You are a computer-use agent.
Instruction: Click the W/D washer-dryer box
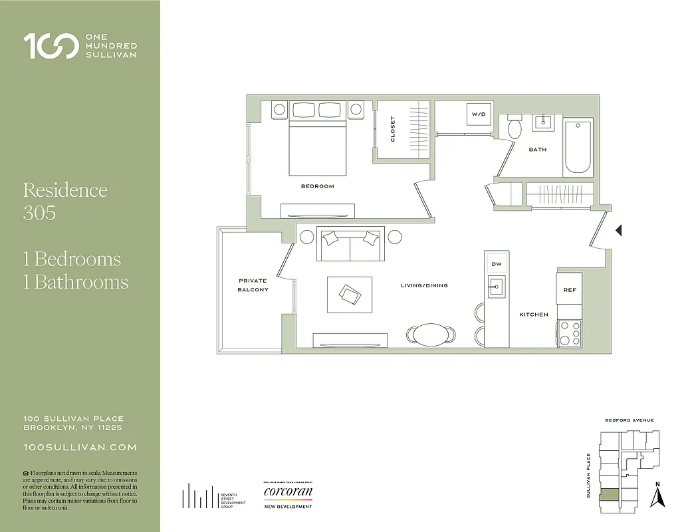tap(479, 114)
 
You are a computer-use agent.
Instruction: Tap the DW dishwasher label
tap(496, 264)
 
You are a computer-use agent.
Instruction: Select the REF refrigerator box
tap(570, 290)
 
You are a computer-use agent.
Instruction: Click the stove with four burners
tap(570, 332)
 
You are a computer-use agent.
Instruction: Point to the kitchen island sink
tap(496, 287)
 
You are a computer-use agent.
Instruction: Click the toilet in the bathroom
tap(515, 127)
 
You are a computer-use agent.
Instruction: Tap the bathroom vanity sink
tap(544, 121)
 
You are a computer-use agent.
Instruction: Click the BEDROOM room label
tap(317, 186)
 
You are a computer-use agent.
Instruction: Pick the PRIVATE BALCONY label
tap(253, 285)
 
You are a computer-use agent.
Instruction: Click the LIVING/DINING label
tap(424, 285)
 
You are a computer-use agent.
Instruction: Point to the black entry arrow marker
tap(618, 231)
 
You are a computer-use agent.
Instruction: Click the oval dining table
tap(431, 334)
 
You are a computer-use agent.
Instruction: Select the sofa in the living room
tap(350, 245)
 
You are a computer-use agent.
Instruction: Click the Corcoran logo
tap(288, 493)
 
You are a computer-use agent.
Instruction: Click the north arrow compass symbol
tap(658, 495)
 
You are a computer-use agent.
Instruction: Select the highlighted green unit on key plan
tap(609, 495)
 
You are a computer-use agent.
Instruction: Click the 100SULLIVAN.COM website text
tap(80, 448)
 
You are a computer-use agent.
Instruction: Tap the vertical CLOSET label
tap(393, 129)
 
